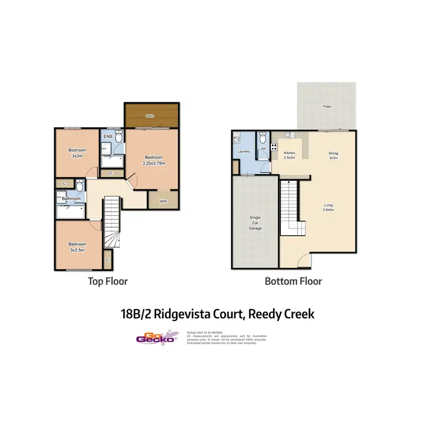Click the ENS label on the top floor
click(107, 137)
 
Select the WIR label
click(163, 200)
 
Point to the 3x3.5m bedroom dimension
click(76, 249)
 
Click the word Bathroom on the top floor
click(71, 198)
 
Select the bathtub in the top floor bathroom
click(70, 213)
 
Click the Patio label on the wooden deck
click(150, 116)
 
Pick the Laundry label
click(244, 152)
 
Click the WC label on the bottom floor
click(263, 149)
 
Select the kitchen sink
click(288, 135)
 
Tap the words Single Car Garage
click(255, 223)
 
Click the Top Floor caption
click(107, 281)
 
